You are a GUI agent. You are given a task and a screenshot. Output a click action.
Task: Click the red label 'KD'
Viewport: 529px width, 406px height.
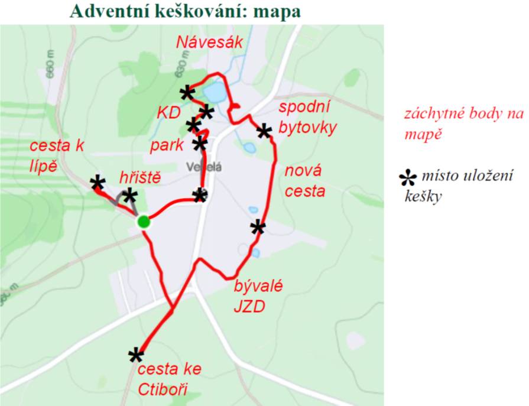click(x=168, y=113)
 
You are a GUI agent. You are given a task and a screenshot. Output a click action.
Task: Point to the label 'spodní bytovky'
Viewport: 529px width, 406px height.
click(x=307, y=118)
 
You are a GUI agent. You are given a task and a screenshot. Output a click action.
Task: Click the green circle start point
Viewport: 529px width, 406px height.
click(x=143, y=222)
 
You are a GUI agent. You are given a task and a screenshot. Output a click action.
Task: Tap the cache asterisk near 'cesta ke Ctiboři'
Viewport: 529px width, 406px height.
click(x=136, y=355)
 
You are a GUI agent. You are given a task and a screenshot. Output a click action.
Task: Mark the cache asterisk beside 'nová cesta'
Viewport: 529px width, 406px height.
click(x=258, y=227)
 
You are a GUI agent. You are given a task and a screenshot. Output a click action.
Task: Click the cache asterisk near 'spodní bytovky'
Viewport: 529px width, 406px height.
click(x=264, y=131)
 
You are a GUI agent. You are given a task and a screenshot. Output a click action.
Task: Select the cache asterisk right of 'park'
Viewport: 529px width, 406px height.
click(x=200, y=143)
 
